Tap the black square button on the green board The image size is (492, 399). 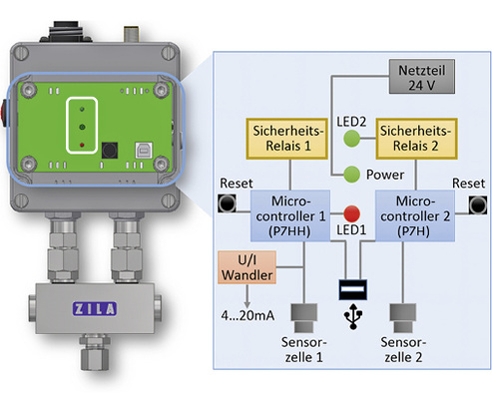[x=109, y=149]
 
